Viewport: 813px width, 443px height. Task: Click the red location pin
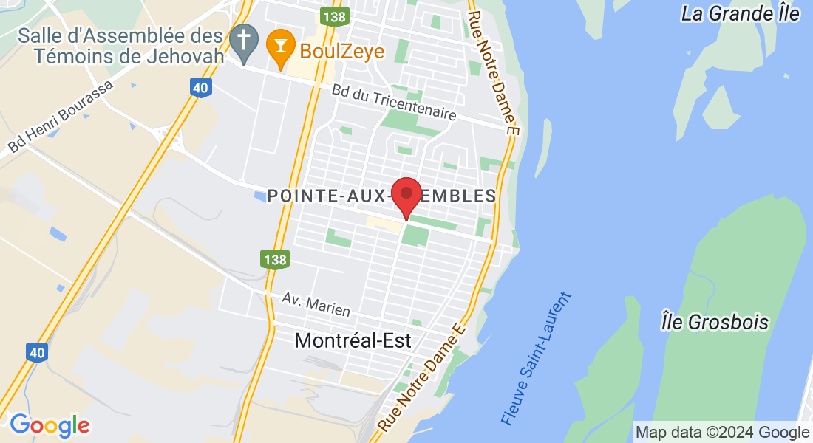pos(406,196)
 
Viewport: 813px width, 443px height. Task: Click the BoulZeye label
pos(342,51)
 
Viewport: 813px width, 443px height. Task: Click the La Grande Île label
pos(741,13)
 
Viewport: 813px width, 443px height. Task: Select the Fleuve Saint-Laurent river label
pos(537,359)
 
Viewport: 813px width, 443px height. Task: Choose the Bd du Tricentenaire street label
pos(394,103)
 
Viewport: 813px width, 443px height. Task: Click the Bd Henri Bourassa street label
pos(61,117)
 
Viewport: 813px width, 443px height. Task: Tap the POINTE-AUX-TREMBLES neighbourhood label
pos(381,196)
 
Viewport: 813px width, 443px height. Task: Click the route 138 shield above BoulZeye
pos(335,15)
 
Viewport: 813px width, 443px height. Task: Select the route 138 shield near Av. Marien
pos(274,259)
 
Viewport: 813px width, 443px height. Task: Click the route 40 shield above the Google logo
pos(38,353)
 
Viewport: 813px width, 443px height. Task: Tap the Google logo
pos(50,426)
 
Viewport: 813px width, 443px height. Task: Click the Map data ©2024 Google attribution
pos(723,433)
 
